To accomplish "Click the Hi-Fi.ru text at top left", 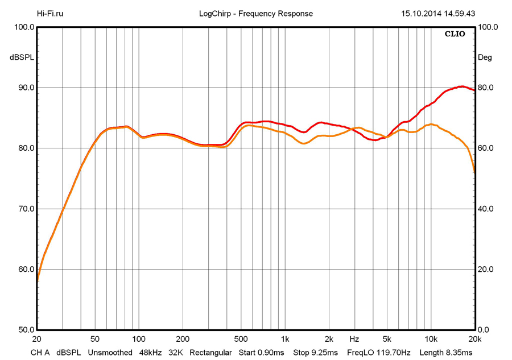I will pos(50,14).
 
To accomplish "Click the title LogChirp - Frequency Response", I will pos(256,14).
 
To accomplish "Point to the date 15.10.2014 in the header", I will pos(420,14).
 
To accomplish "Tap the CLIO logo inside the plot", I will pos(455,34).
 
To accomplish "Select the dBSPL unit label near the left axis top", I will pos(22,57).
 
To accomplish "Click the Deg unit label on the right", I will pos(485,57).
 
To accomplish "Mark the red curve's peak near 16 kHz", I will pos(461,86).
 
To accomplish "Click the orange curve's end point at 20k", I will pos(474,170).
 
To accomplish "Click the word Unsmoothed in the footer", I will pos(110,353).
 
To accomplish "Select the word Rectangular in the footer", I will pos(211,353).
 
